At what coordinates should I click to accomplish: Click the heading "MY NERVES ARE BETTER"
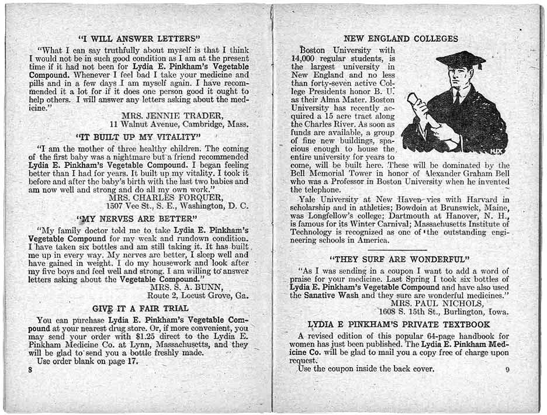pyautogui.click(x=139, y=220)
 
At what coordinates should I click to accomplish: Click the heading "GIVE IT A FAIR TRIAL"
pyautogui.click(x=140, y=308)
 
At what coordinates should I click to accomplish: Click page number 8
pyautogui.click(x=30, y=370)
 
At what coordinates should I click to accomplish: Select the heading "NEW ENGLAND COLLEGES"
pyautogui.click(x=401, y=39)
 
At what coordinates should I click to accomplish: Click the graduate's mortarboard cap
pyautogui.click(x=461, y=60)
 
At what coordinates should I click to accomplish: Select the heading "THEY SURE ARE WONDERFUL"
pyautogui.click(x=400, y=259)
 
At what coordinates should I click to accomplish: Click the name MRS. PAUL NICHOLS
pyautogui.click(x=437, y=303)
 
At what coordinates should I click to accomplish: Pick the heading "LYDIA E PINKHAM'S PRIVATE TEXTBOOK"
pyautogui.click(x=399, y=324)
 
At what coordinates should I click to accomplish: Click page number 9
pyautogui.click(x=507, y=369)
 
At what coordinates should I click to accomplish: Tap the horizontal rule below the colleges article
pyautogui.click(x=400, y=250)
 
